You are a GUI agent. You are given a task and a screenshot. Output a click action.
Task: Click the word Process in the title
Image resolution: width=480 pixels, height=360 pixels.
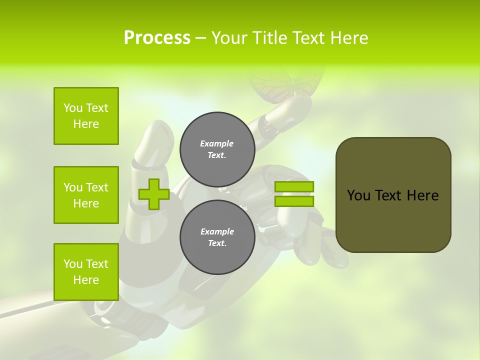157,38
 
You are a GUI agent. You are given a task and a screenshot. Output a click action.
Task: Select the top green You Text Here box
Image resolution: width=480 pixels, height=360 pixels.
86,116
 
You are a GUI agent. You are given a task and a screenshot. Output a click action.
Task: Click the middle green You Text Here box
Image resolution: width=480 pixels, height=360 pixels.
86,195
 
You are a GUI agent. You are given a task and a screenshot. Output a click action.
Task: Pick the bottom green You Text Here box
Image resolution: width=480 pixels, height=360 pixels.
86,272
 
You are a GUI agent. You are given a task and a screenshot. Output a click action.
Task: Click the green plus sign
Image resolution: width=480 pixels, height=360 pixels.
154,194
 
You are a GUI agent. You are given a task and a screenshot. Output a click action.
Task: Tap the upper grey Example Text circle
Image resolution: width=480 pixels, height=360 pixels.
217,149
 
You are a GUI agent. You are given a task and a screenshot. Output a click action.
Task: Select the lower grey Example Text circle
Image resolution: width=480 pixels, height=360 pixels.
217,237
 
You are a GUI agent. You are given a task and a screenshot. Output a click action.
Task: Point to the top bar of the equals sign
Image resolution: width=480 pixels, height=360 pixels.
294,187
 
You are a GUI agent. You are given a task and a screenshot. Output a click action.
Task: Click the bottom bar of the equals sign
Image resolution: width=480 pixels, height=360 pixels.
294,201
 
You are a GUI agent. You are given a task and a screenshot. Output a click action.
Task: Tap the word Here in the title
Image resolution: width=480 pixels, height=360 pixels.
348,38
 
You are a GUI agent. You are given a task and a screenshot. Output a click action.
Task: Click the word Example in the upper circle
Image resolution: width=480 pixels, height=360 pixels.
216,143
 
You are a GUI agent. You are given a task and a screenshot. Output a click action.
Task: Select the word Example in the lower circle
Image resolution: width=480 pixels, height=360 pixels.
217,231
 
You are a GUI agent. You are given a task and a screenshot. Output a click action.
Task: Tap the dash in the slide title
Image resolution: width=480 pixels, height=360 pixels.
200,38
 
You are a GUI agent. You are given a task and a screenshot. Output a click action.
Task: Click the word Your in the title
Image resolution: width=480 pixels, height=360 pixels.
228,38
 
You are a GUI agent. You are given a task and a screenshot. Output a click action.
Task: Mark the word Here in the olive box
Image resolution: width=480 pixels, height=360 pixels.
422,195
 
